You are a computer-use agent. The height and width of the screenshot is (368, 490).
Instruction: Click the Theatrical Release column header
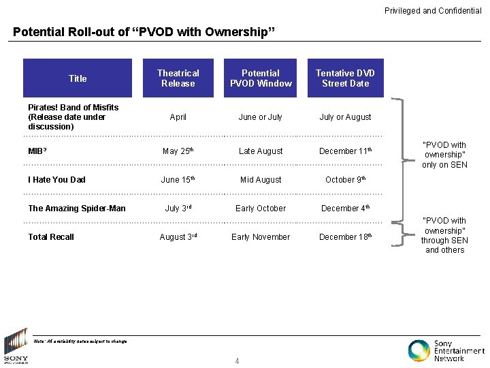(x=178, y=78)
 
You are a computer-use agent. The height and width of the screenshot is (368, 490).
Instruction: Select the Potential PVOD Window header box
(x=261, y=78)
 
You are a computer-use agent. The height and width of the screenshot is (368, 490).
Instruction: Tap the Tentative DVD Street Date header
(x=345, y=78)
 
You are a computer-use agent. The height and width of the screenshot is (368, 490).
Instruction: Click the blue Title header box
(x=78, y=78)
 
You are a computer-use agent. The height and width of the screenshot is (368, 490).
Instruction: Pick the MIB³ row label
(x=37, y=151)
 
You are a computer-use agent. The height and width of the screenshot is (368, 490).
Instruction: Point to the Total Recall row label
(x=51, y=237)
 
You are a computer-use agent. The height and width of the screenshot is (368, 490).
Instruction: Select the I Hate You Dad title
(x=56, y=180)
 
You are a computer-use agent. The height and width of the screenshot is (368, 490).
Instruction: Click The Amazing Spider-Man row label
(x=77, y=209)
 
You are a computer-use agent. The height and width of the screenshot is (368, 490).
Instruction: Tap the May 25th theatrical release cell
(x=178, y=151)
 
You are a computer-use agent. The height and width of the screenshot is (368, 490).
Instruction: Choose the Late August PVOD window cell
(x=261, y=151)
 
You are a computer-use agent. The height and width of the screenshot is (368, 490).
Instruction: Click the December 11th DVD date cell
(x=345, y=151)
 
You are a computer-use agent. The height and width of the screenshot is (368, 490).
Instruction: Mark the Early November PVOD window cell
(x=261, y=237)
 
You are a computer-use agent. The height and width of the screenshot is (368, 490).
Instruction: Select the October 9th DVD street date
(x=345, y=180)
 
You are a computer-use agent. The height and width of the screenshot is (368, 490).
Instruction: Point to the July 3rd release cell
(x=178, y=209)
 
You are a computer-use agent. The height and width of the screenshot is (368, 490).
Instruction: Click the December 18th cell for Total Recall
(x=345, y=237)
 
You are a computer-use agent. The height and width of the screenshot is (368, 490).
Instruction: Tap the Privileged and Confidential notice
(x=433, y=11)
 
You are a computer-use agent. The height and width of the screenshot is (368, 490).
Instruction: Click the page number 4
(x=237, y=361)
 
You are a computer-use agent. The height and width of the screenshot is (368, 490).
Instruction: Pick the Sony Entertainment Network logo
(x=446, y=350)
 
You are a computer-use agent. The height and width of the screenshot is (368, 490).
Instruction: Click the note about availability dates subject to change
(x=80, y=341)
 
